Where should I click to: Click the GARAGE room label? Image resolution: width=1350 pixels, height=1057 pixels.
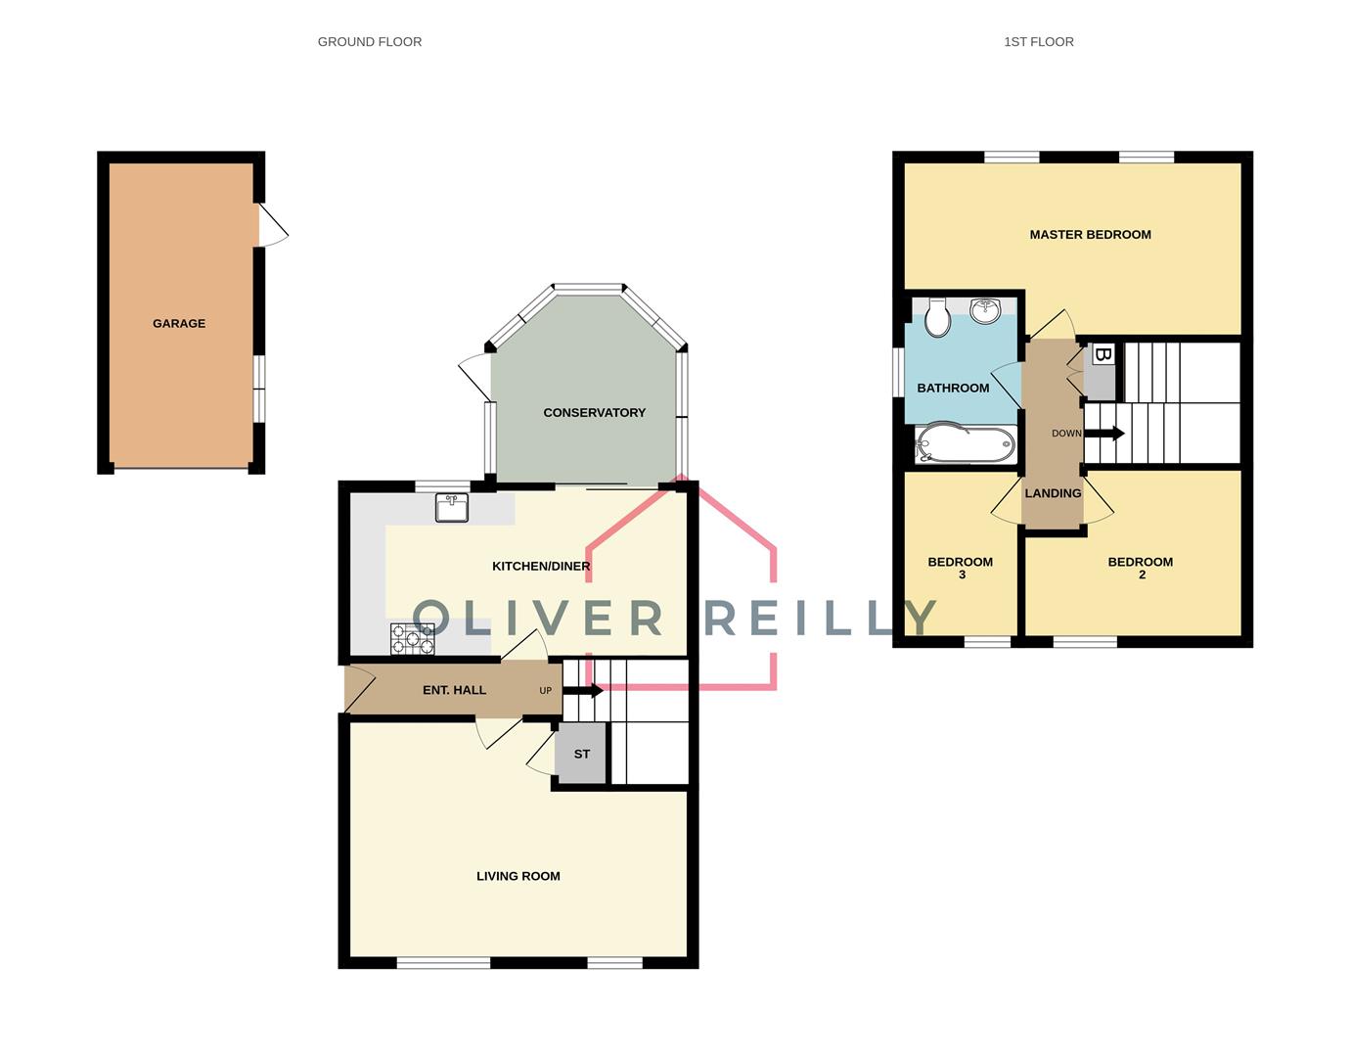(x=179, y=323)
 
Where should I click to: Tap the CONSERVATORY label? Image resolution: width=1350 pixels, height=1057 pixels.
(x=594, y=412)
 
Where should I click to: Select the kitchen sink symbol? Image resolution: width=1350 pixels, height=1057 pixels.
(x=452, y=508)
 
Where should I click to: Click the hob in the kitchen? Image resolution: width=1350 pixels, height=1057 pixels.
(x=412, y=639)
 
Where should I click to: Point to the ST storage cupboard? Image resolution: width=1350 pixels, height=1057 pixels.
(x=581, y=754)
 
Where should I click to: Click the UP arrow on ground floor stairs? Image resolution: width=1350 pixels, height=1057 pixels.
(x=583, y=690)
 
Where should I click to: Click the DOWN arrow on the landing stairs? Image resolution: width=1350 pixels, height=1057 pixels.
(x=1105, y=434)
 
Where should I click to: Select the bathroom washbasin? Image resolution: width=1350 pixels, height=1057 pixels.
(x=985, y=310)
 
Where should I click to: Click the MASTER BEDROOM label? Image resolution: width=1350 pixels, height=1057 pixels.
(x=1090, y=234)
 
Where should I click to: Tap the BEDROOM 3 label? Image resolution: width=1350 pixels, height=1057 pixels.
(x=961, y=568)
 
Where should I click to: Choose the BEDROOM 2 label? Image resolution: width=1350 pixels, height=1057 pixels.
(x=1140, y=568)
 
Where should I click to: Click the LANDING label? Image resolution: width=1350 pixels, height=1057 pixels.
(x=1053, y=493)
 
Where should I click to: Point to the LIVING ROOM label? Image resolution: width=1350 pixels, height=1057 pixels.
(x=517, y=876)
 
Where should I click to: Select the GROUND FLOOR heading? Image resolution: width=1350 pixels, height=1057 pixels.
(x=370, y=42)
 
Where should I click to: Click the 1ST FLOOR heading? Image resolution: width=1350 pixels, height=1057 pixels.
(x=1038, y=42)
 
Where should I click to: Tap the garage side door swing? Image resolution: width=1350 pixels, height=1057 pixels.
(x=274, y=226)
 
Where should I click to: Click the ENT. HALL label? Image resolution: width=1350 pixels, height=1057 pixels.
(x=454, y=690)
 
